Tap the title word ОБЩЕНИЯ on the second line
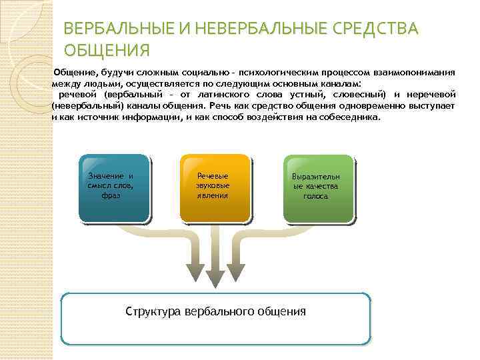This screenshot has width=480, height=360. (107, 51)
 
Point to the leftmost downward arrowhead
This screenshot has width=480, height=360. (195, 271)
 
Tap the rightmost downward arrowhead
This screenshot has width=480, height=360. (235, 271)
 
